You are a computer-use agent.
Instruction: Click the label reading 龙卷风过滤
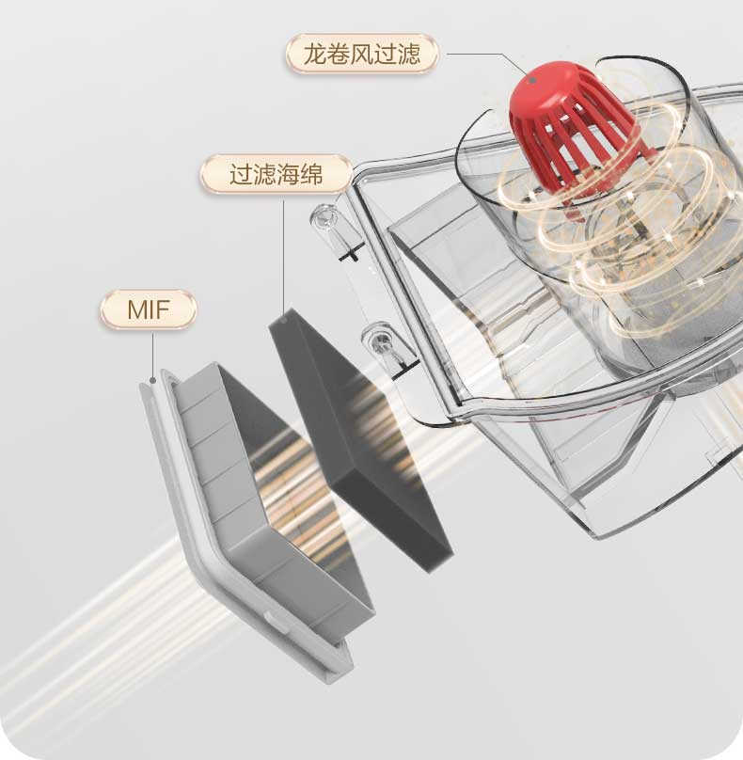pyautogui.click(x=362, y=55)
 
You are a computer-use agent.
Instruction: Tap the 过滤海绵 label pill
pyautogui.click(x=276, y=175)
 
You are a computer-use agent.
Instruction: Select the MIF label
pyautogui.click(x=149, y=309)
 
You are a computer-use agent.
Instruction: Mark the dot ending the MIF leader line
pyautogui.click(x=152, y=382)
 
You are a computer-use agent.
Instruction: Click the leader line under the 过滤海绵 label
pyautogui.click(x=283, y=254)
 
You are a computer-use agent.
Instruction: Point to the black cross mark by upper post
pyautogui.click(x=351, y=253)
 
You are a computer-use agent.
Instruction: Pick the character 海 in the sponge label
pyautogui.click(x=287, y=175)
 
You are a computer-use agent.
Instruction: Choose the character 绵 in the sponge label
pyautogui.click(x=310, y=175)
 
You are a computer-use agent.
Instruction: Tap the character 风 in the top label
pyautogui.click(x=362, y=55)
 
